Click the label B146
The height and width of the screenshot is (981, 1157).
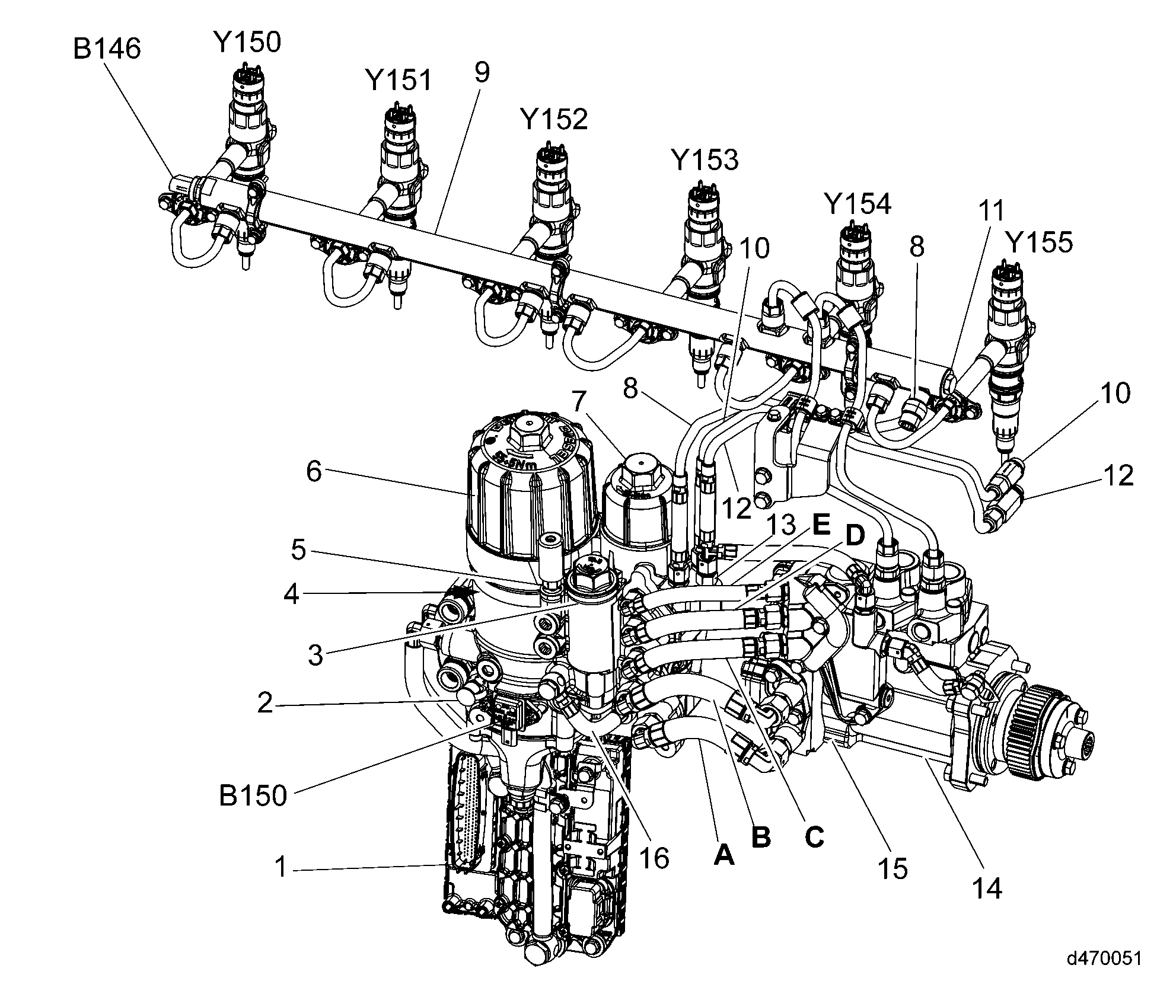tap(107, 49)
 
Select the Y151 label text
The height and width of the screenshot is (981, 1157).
tap(399, 80)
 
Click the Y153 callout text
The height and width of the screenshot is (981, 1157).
tap(705, 159)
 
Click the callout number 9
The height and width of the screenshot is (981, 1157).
tap(482, 72)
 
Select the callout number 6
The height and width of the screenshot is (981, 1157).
tap(314, 472)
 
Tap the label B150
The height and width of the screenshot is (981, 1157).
tap(253, 795)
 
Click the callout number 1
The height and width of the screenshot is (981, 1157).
tap(281, 868)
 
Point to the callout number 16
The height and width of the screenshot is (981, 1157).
tap(655, 857)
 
